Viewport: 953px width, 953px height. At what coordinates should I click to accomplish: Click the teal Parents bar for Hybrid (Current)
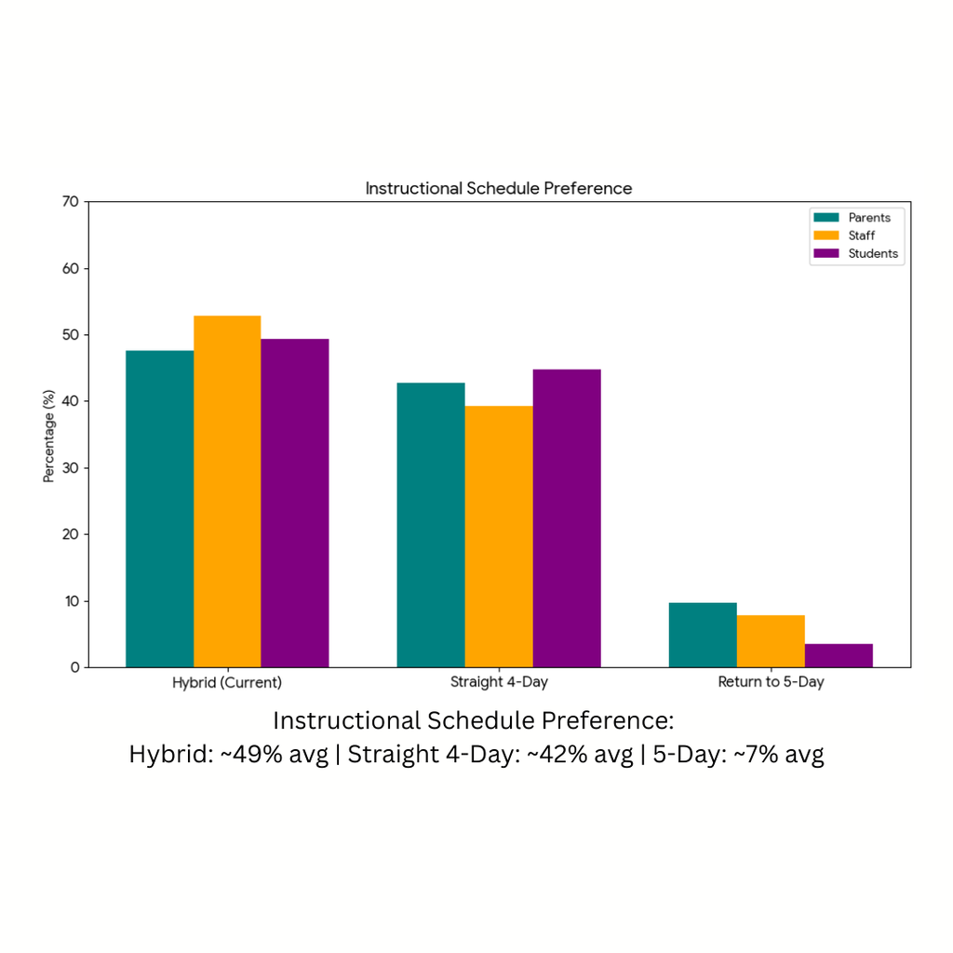click(159, 508)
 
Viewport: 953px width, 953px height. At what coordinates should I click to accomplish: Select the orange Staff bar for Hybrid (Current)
click(227, 491)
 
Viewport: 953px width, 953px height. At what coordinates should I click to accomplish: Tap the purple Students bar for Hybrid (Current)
click(295, 503)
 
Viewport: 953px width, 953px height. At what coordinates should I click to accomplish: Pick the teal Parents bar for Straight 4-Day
click(431, 525)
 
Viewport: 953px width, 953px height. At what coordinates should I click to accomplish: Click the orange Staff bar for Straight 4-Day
click(499, 536)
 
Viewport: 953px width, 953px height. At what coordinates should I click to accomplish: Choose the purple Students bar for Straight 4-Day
click(567, 518)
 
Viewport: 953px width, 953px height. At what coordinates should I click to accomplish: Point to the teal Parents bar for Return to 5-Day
click(703, 635)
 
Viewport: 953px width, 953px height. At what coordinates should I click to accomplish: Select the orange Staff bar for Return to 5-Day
click(771, 641)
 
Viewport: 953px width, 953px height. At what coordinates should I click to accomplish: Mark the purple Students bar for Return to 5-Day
click(839, 655)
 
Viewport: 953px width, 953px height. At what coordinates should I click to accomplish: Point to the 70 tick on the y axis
click(71, 202)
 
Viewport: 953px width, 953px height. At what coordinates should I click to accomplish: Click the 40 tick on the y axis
click(71, 401)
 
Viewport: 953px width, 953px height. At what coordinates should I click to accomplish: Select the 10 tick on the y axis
click(71, 601)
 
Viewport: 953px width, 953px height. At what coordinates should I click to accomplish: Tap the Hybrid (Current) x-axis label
click(227, 682)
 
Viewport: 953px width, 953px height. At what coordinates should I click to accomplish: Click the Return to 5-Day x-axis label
click(771, 682)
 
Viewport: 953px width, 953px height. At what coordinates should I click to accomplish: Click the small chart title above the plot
click(499, 189)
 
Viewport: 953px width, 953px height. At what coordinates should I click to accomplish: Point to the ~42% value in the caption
click(555, 754)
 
